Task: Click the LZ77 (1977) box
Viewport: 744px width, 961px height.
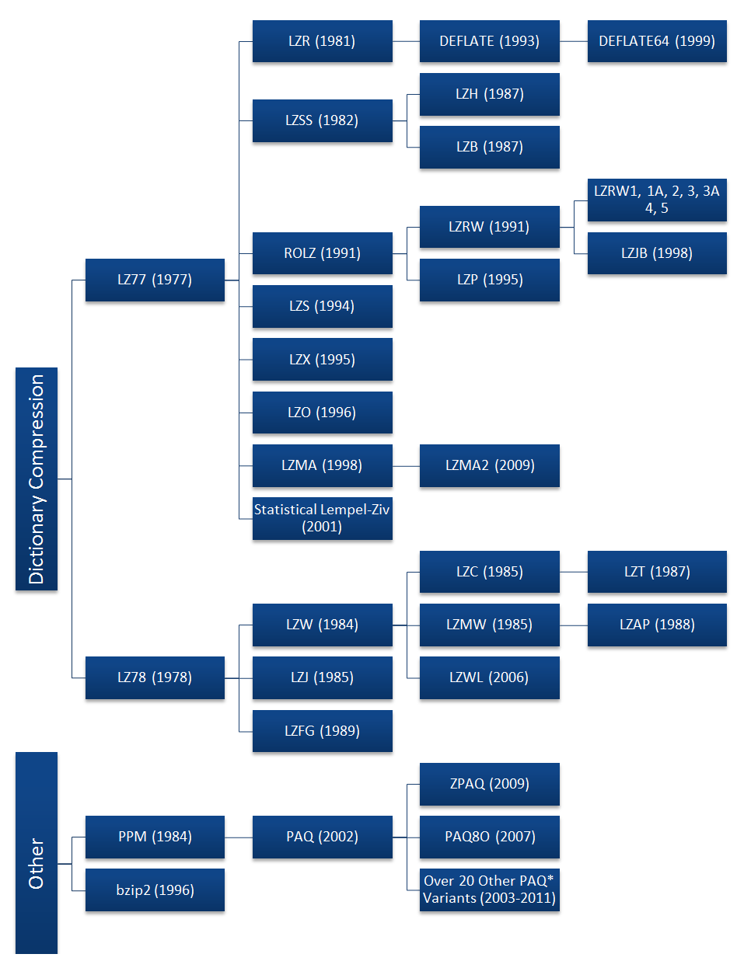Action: click(x=155, y=280)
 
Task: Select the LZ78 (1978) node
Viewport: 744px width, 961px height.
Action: click(x=155, y=677)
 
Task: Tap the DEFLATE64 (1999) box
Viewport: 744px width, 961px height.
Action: click(x=656, y=41)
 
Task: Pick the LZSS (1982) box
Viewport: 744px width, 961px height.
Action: click(x=322, y=120)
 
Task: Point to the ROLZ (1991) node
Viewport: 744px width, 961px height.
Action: click(x=322, y=253)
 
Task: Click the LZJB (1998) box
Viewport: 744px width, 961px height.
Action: click(x=656, y=253)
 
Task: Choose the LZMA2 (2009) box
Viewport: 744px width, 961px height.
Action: click(x=489, y=465)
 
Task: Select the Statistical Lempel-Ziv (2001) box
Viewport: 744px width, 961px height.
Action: click(x=322, y=518)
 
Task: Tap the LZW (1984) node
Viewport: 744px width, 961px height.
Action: click(x=322, y=625)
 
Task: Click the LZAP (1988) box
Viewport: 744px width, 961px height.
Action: click(x=656, y=625)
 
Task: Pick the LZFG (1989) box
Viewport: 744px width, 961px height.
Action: click(x=322, y=731)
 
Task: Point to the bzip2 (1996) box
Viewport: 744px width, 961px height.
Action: click(x=155, y=890)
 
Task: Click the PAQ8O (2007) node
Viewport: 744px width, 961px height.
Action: click(x=489, y=837)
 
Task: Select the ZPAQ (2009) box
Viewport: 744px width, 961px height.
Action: click(x=489, y=784)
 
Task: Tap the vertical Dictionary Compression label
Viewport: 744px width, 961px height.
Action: click(x=37, y=479)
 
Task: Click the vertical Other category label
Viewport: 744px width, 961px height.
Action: click(x=37, y=862)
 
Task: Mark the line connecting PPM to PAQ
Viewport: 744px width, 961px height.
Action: click(x=239, y=837)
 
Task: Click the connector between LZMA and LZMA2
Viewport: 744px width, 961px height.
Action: click(x=406, y=466)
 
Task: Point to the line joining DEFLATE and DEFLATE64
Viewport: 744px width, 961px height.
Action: click(x=573, y=41)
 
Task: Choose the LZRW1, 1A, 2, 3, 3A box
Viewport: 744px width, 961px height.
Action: click(x=656, y=200)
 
